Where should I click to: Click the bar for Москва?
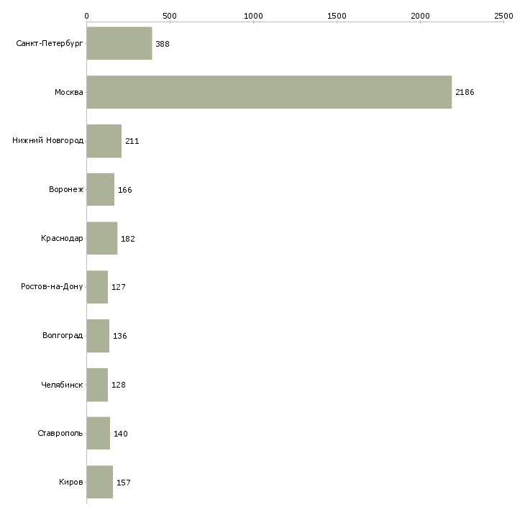tap(269, 92)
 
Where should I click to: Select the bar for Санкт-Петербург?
tap(119, 43)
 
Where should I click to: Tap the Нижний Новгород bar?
tap(104, 141)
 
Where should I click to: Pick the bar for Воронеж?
tap(101, 190)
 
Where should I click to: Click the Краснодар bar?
tap(102, 238)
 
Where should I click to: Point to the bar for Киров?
tap(100, 482)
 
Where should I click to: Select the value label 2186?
tap(465, 92)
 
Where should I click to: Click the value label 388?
tap(163, 44)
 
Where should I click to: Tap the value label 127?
tap(119, 287)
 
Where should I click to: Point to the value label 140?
tap(121, 434)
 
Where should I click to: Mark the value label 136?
tap(120, 336)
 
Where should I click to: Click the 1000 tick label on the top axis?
tap(253, 16)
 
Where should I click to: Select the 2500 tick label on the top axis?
tap(503, 16)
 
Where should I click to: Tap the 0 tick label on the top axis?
tap(87, 16)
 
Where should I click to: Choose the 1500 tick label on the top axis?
tap(337, 16)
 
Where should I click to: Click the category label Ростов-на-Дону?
tap(52, 287)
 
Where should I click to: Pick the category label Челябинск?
tap(62, 385)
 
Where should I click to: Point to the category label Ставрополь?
tap(60, 433)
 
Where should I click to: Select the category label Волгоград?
tap(63, 335)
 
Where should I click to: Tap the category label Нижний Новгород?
tap(48, 140)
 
